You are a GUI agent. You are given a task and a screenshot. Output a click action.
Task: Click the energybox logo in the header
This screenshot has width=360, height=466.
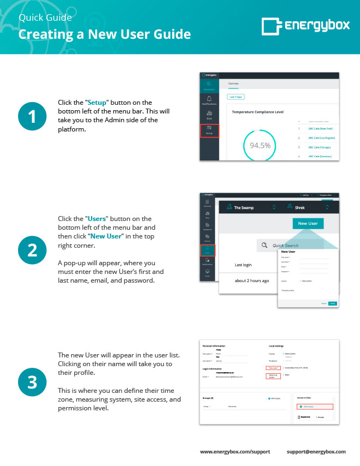(x=303, y=25)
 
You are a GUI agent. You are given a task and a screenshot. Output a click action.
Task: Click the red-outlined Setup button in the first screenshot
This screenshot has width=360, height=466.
(x=209, y=131)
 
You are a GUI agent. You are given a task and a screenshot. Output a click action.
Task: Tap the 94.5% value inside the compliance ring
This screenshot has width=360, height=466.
(x=260, y=146)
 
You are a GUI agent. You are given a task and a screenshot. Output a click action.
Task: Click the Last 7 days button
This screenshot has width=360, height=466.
(x=236, y=97)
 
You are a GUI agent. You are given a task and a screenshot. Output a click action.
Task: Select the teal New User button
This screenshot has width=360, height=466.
(x=308, y=223)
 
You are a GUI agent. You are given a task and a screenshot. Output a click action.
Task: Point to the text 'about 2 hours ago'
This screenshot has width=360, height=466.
(x=251, y=280)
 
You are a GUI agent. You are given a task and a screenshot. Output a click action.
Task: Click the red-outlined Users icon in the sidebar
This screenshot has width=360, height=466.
(x=207, y=250)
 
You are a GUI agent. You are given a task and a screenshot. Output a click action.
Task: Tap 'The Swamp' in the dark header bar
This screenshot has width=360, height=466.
(x=243, y=207)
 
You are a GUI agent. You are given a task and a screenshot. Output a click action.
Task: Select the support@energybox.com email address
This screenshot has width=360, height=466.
(x=316, y=452)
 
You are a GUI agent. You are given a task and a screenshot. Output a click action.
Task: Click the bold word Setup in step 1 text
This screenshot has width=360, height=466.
(x=98, y=102)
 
